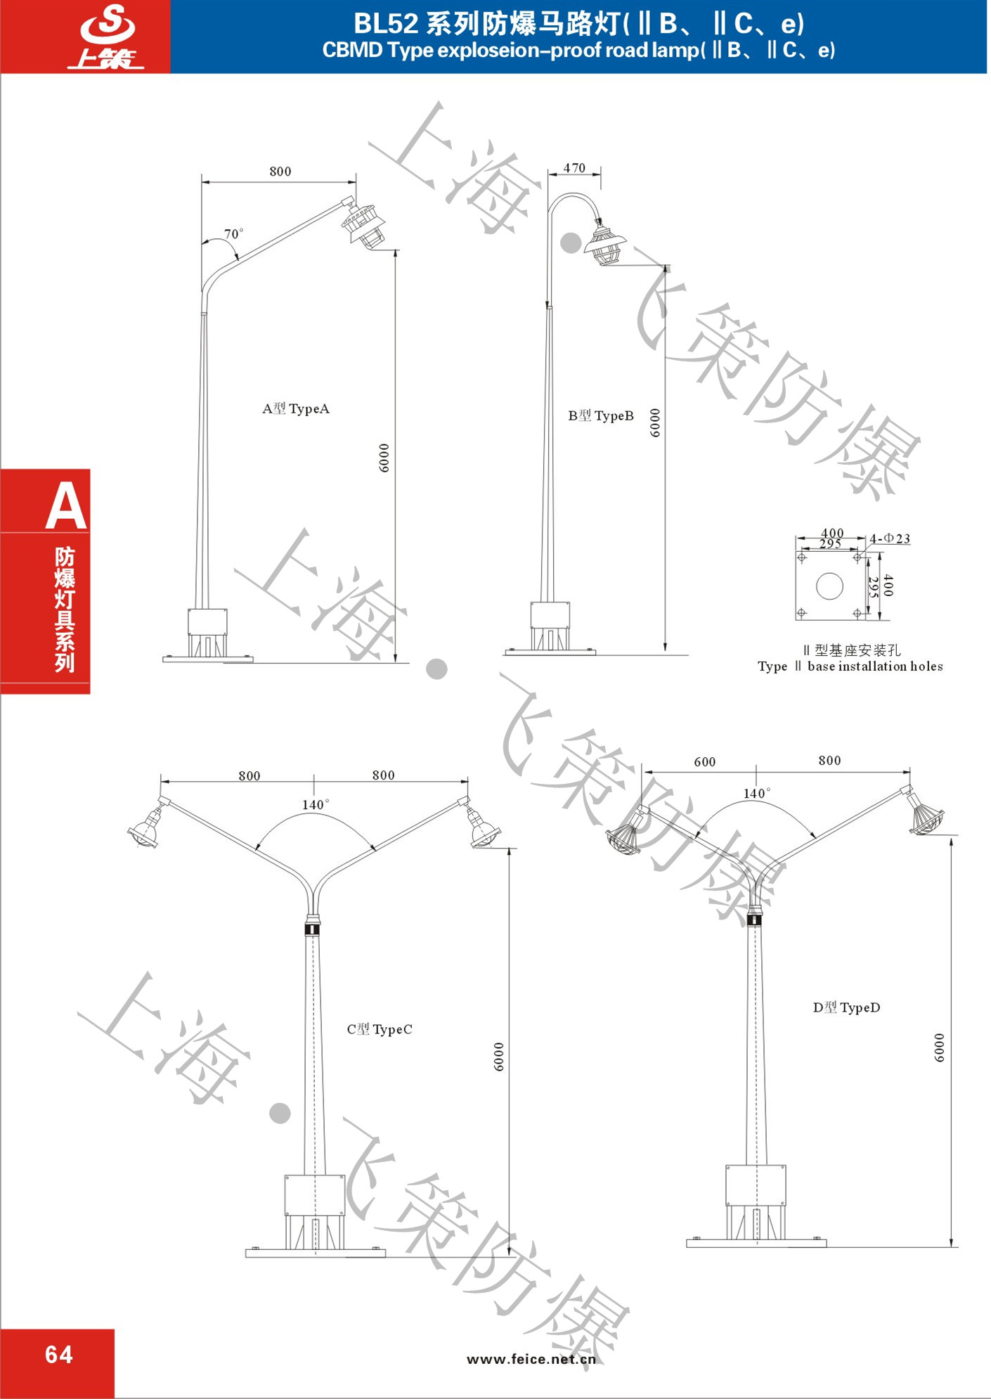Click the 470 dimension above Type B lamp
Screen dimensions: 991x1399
point(574,168)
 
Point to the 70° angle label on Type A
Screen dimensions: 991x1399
point(234,233)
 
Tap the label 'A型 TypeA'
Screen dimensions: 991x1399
point(296,408)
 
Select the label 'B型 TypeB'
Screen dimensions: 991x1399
point(601,415)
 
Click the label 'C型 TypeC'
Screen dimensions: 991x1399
point(380,1029)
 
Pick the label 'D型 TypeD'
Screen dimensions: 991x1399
point(846,1007)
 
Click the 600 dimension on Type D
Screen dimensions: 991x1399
point(705,762)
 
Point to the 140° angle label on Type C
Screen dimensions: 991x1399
point(316,804)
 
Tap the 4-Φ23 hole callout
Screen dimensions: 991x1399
point(890,539)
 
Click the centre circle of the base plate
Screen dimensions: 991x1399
point(829,586)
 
